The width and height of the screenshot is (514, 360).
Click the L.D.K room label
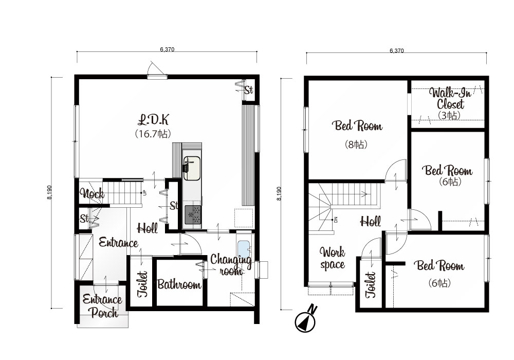pos(153,120)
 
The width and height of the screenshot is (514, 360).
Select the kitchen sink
pos(192,168)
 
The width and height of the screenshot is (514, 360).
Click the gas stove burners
pos(193,215)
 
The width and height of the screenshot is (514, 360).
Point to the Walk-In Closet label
pos(450,98)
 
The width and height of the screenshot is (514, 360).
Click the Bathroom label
pos(179,284)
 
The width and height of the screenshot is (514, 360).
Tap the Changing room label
pos(231,265)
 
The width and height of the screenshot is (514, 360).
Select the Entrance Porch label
pos(102,305)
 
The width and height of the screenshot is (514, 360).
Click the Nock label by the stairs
pos(93,193)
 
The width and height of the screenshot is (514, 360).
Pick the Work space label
pos(333,258)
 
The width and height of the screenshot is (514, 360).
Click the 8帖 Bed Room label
pos(357,125)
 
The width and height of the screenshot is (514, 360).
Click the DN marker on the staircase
pos(336,220)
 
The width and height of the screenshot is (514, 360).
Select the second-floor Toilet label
pos(371,284)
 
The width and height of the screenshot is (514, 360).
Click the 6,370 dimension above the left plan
pos(167,49)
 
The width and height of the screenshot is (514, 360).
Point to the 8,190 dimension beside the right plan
pos(279,193)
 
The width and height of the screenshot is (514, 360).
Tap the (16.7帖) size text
pos(153,134)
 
